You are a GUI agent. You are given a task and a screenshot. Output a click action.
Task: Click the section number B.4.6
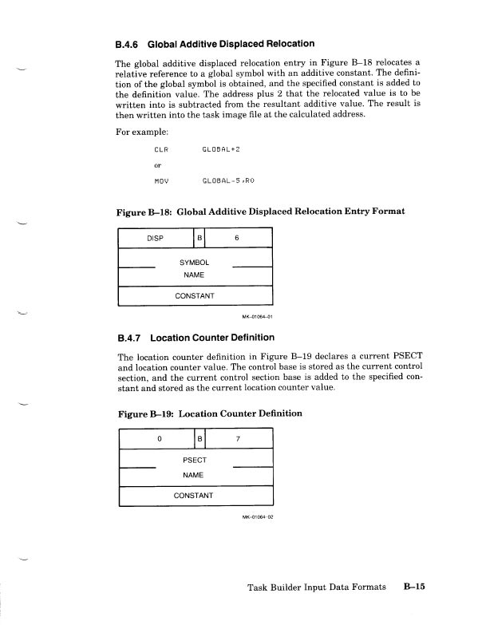pos(132,43)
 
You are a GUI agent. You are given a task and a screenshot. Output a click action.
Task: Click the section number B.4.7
pos(132,338)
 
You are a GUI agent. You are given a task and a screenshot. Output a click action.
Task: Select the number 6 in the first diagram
pos(236,237)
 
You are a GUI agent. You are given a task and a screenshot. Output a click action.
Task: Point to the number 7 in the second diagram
pos(236,439)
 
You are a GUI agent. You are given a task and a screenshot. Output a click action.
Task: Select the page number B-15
pos(415,587)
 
